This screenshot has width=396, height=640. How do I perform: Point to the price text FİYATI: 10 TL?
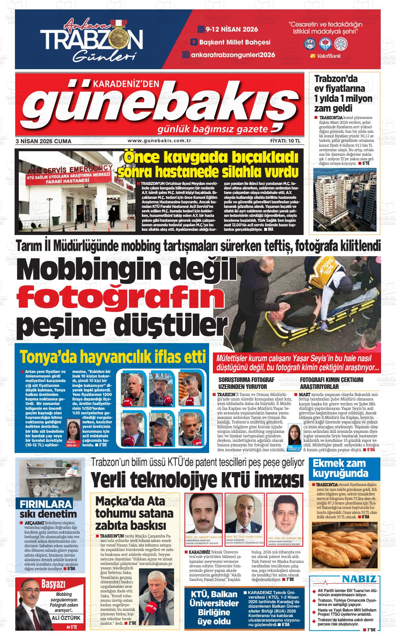click(x=285, y=141)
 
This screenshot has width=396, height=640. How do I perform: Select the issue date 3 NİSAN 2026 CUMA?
click(x=43, y=141)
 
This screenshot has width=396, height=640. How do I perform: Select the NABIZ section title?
click(x=359, y=579)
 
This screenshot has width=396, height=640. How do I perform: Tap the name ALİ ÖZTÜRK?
click(x=65, y=618)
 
